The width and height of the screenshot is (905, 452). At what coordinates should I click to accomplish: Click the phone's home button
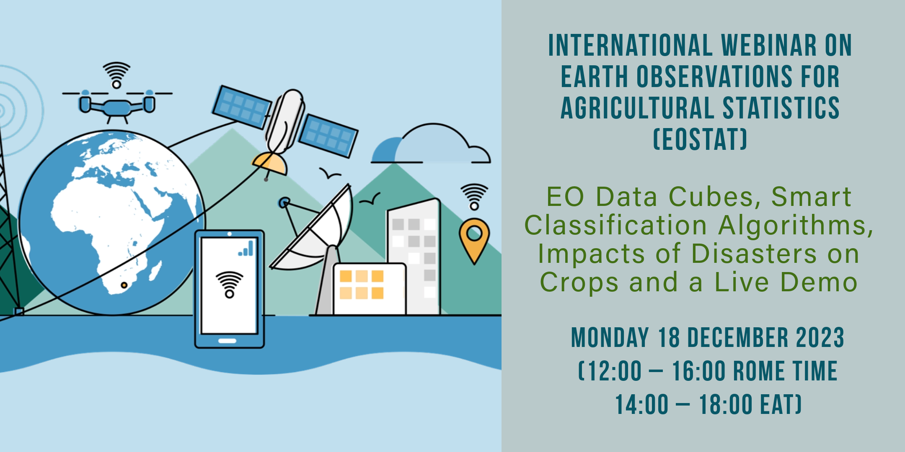[x=228, y=341]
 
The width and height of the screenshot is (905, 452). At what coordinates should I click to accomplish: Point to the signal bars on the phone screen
[x=246, y=248]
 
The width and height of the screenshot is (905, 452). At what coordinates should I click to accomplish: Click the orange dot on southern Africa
[x=124, y=285]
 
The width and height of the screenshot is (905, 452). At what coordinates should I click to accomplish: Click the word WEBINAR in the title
[x=769, y=46]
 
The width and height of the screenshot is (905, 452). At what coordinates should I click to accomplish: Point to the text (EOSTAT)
[x=700, y=139]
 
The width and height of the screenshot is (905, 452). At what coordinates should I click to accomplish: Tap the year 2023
[x=820, y=338]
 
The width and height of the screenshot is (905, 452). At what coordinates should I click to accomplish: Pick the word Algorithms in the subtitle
[x=796, y=225]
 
